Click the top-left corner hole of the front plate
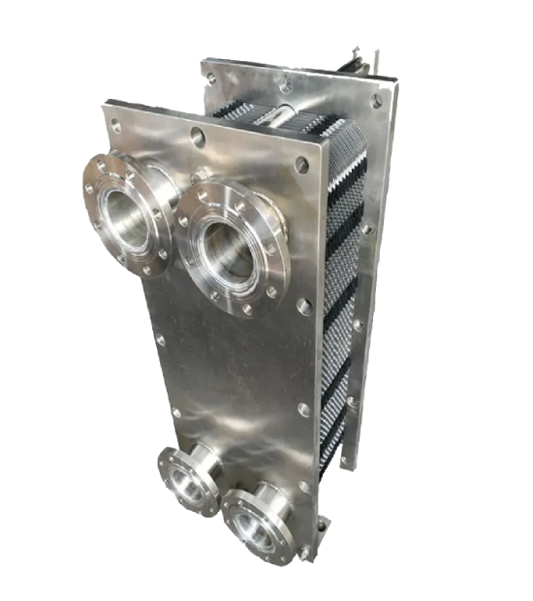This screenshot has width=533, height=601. coord(116,125)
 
